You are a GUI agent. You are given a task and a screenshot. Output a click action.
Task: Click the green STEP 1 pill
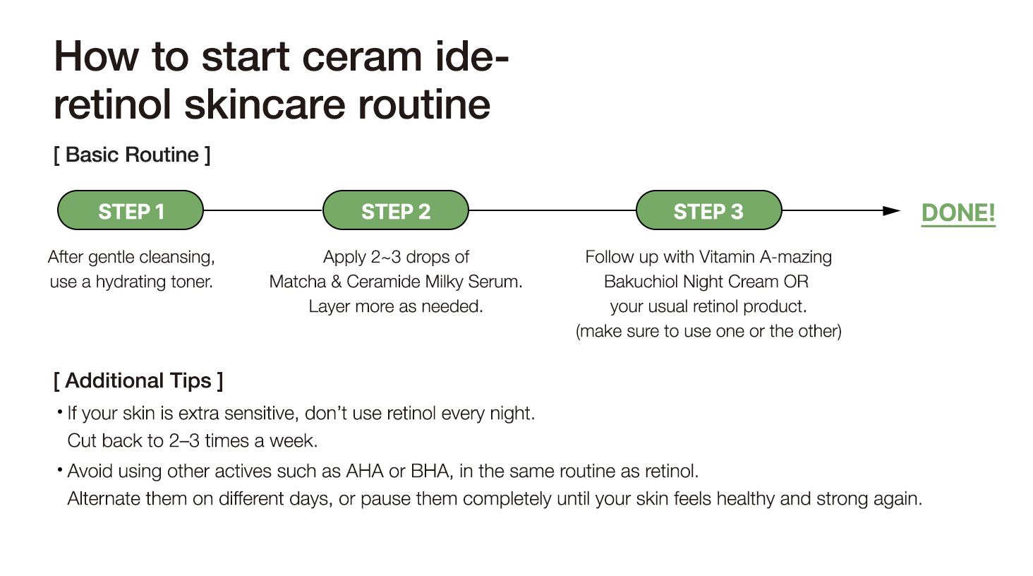[131, 210]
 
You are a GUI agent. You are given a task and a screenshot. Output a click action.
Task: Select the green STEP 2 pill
[396, 210]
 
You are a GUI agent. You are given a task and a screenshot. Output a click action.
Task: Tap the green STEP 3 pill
[709, 210]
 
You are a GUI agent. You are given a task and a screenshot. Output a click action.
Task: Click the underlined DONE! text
[958, 213]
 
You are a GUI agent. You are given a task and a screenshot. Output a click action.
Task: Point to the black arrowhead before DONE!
[891, 211]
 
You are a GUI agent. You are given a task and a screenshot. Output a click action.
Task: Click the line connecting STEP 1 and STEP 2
[263, 210]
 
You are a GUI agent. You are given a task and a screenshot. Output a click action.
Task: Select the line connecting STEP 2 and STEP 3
[552, 210]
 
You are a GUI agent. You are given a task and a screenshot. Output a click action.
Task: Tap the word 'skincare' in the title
[265, 104]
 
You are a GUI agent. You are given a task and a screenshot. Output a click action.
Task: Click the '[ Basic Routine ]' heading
[132, 155]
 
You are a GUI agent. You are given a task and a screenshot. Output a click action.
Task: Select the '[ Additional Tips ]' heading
[138, 381]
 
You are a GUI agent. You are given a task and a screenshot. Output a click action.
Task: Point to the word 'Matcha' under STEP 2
[298, 282]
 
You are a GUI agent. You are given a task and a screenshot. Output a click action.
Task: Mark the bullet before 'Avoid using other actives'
[60, 469]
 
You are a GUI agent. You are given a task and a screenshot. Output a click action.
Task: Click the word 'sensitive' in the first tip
[262, 413]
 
